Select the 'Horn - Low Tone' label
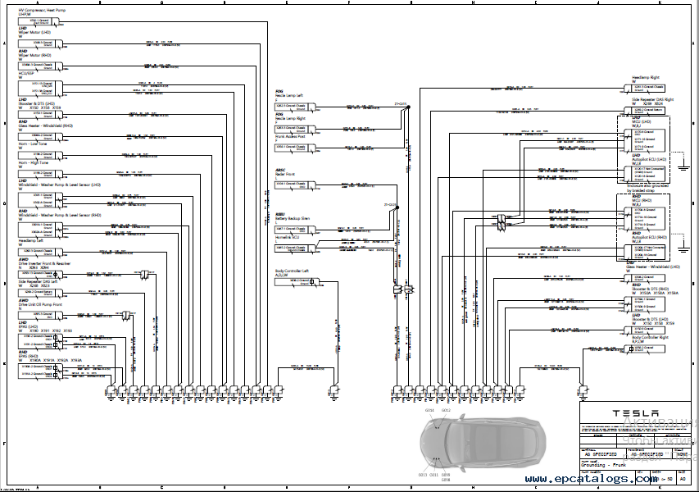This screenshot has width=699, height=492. tap(34, 143)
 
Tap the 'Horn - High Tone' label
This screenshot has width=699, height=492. tap(34, 162)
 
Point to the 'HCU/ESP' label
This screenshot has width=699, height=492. tap(26, 72)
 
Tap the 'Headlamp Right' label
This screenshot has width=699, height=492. tap(645, 78)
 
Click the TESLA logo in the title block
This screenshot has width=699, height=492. tap(629, 413)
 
